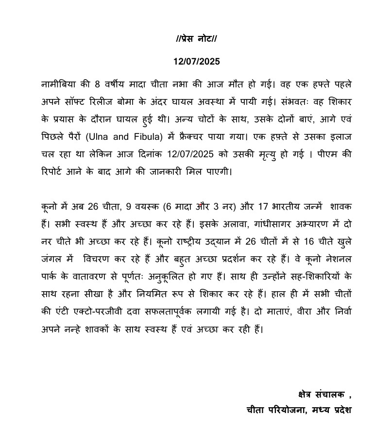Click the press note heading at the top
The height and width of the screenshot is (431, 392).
[x=196, y=38]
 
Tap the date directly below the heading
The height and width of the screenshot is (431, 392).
[x=196, y=62]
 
